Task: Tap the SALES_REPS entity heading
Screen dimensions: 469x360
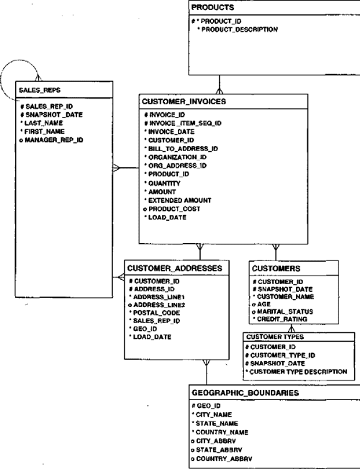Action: pyautogui.click(x=41, y=90)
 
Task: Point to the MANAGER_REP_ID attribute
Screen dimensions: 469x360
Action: pyautogui.click(x=54, y=140)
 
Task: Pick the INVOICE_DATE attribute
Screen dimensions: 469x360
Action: pyautogui.click(x=171, y=132)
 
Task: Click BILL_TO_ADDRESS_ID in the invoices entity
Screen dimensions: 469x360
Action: pyautogui.click(x=183, y=149)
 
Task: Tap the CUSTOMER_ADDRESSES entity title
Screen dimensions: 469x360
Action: pyautogui.click(x=174, y=268)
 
